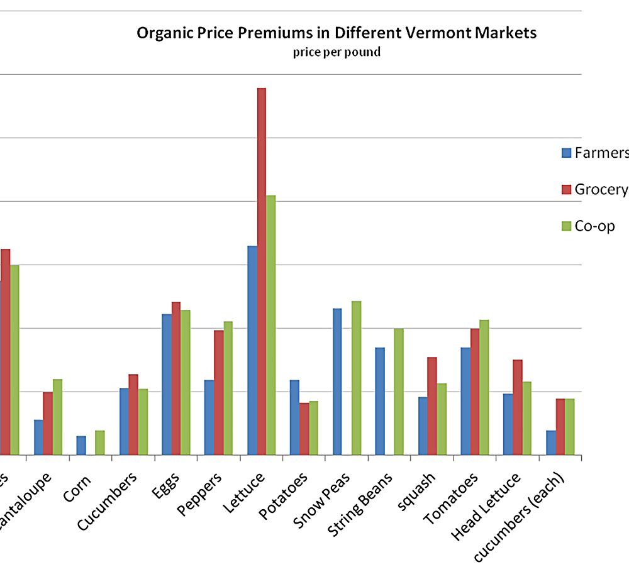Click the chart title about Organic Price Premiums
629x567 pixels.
pos(337,33)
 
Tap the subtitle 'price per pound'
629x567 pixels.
pos(337,52)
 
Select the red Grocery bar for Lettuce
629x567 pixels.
pos(261,271)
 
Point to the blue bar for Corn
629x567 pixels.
pos(81,445)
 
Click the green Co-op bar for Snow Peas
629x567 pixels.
pos(356,377)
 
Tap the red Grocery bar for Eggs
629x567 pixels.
pos(176,378)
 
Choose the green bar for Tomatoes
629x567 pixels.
pos(484,387)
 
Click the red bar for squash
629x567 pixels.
pos(431,405)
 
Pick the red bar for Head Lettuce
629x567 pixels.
pos(517,407)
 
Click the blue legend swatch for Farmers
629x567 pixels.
pos(566,153)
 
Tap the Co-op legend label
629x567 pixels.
pos(594,226)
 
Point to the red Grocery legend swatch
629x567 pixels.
pos(566,190)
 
